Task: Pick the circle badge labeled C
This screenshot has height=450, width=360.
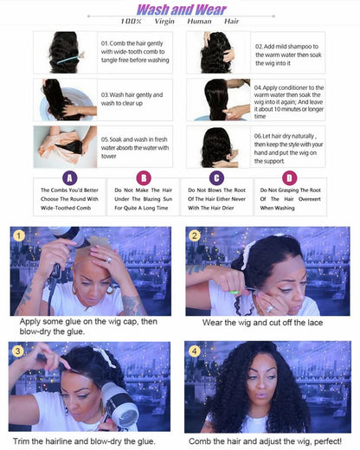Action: [216, 177]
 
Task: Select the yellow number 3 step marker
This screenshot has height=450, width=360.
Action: [17, 350]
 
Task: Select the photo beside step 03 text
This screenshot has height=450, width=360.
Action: [64, 99]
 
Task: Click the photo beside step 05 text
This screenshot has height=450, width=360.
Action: [64, 144]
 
